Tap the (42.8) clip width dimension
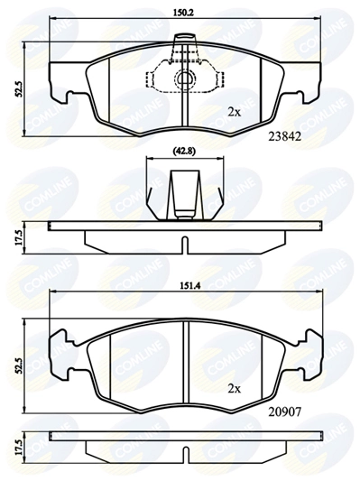tap(186, 152)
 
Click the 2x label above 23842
tap(235, 112)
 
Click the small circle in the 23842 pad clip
tap(185, 79)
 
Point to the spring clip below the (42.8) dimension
tap(185, 194)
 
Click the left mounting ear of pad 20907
tap(59, 352)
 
